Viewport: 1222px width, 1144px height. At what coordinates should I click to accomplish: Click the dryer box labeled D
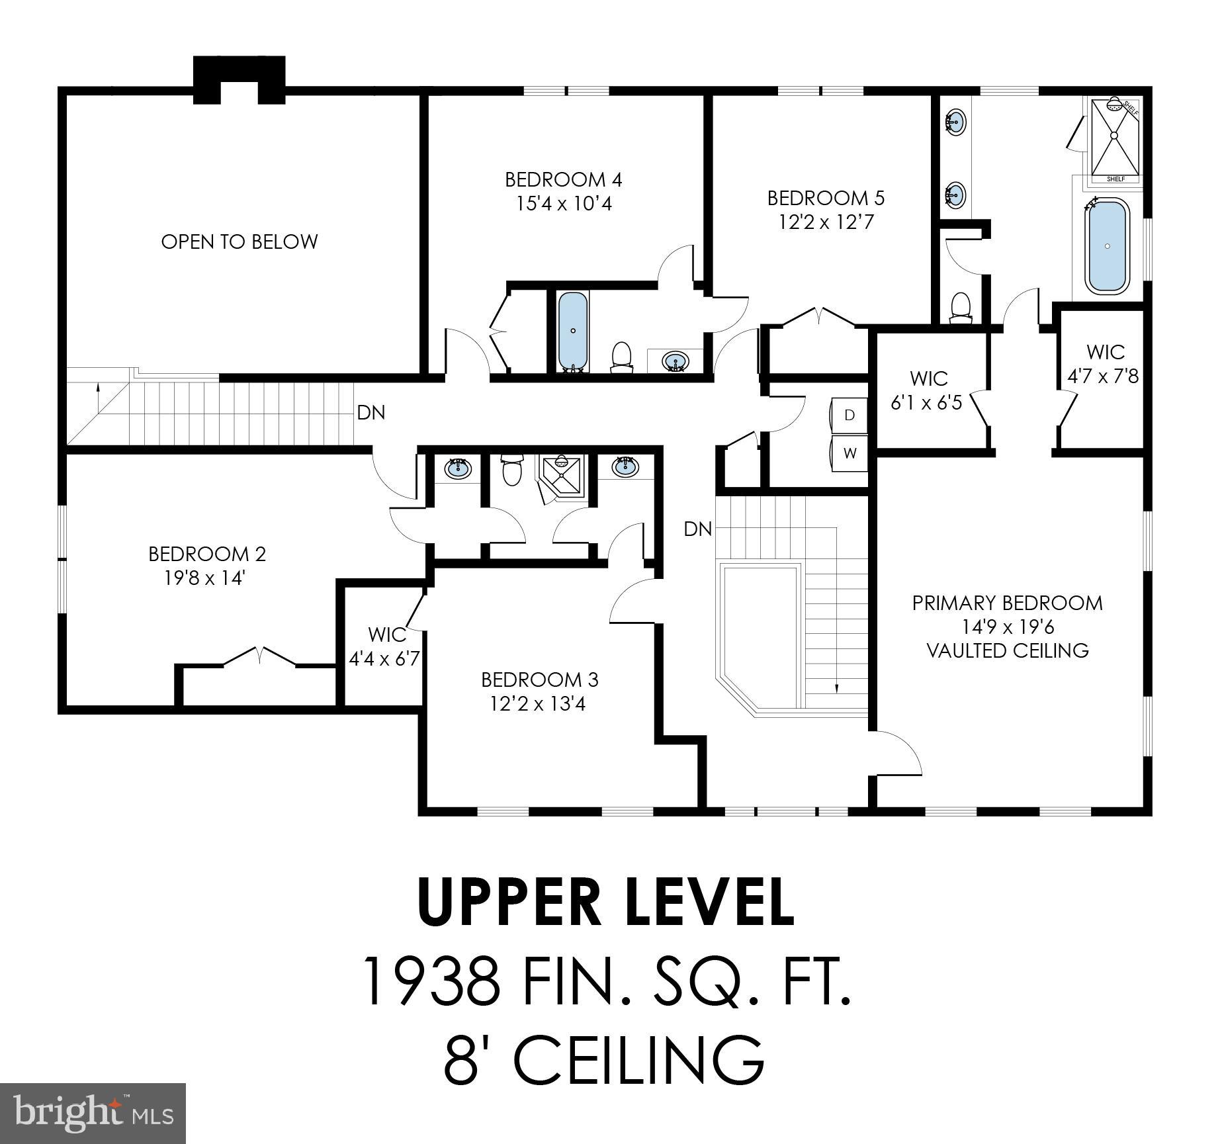(850, 416)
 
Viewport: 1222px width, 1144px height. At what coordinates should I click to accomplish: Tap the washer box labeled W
(850, 453)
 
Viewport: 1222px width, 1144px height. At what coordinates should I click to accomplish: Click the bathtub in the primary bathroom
(1108, 245)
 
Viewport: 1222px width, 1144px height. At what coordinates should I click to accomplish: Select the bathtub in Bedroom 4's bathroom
(572, 330)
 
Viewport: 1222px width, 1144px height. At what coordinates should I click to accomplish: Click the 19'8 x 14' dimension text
(206, 578)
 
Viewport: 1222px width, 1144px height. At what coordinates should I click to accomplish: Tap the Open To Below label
(240, 242)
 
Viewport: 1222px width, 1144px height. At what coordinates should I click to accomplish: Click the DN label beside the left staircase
(371, 413)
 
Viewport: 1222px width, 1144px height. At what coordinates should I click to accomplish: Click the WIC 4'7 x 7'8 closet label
(1104, 364)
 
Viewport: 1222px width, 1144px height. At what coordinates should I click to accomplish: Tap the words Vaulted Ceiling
(1007, 650)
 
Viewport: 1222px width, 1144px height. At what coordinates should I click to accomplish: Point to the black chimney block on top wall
(239, 69)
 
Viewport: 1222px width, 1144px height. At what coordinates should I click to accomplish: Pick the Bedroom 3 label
(539, 680)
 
